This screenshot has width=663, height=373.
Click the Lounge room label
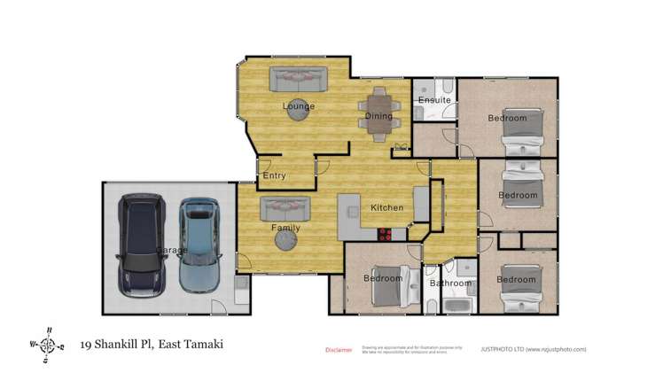[x=299, y=107]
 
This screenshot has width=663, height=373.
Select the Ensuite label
[x=434, y=100]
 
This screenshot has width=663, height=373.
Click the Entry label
[x=275, y=175]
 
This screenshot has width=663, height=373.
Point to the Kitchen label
[x=386, y=208]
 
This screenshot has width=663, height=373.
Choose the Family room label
[x=285, y=229]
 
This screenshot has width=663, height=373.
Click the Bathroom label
[x=449, y=284]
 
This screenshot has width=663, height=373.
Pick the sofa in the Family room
[x=285, y=208]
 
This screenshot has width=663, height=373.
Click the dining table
[x=378, y=113]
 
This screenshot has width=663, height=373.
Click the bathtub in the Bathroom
[x=457, y=307]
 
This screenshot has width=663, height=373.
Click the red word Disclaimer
[x=339, y=349]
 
